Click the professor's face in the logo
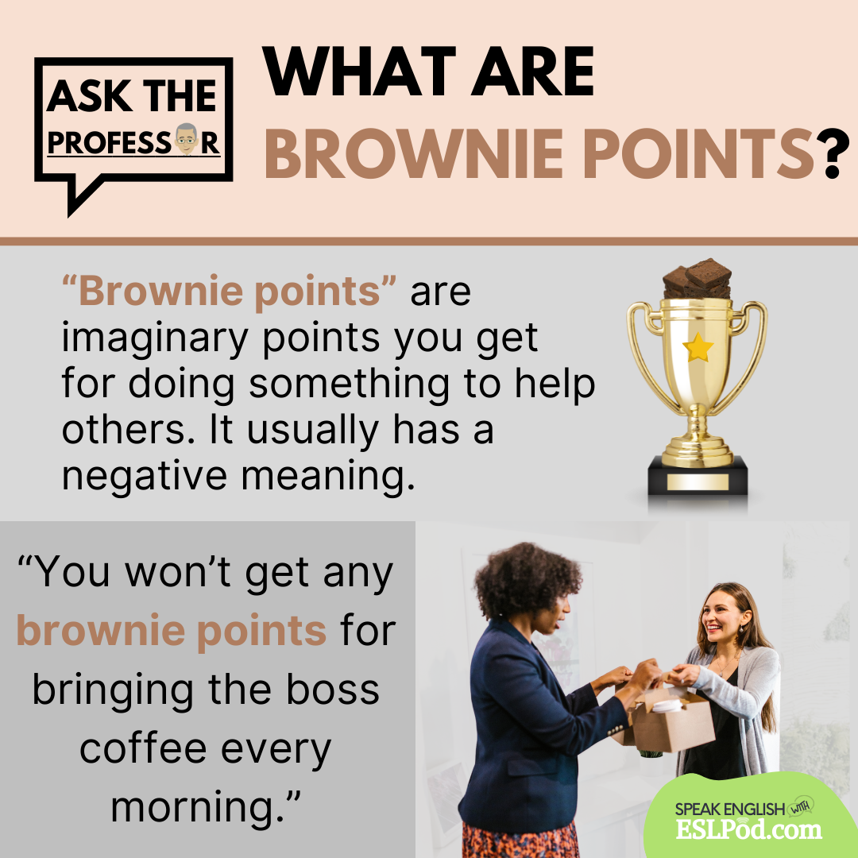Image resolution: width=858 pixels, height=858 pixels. pyautogui.click(x=187, y=139)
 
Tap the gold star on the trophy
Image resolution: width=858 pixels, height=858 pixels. pyautogui.click(x=698, y=347)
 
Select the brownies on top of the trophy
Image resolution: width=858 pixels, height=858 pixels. pyautogui.click(x=698, y=278)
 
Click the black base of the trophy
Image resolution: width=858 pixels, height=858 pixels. pyautogui.click(x=698, y=476)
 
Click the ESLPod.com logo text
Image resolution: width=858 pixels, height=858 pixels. pyautogui.click(x=748, y=829)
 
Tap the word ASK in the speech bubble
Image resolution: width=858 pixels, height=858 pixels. pyautogui.click(x=89, y=96)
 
